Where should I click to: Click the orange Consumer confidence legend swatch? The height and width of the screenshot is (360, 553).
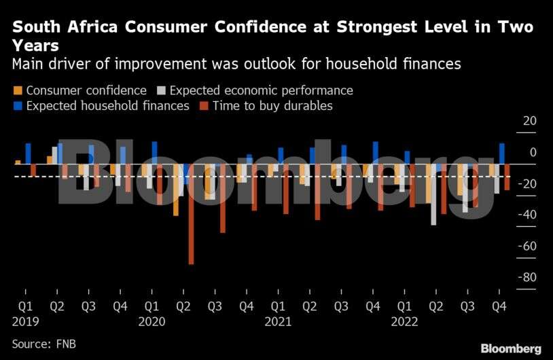(17, 90)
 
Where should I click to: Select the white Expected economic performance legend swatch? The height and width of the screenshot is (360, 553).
(160, 90)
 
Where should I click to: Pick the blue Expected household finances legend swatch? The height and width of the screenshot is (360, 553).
(17, 107)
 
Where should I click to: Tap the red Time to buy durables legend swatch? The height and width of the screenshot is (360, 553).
(203, 107)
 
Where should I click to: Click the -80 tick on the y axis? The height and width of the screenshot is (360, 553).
(527, 277)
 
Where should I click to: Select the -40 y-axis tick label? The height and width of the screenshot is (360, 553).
(527, 215)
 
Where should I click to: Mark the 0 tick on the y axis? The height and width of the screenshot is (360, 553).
(533, 152)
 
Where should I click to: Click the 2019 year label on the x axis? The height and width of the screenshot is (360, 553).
(25, 321)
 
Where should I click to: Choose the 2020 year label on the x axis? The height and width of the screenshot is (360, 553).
(151, 321)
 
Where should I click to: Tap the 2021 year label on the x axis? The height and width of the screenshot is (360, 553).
(278, 321)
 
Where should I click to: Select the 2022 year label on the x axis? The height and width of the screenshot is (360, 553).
(404, 321)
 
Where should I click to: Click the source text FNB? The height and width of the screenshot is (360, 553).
(66, 344)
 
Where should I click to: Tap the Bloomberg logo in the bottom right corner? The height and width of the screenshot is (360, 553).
(511, 348)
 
